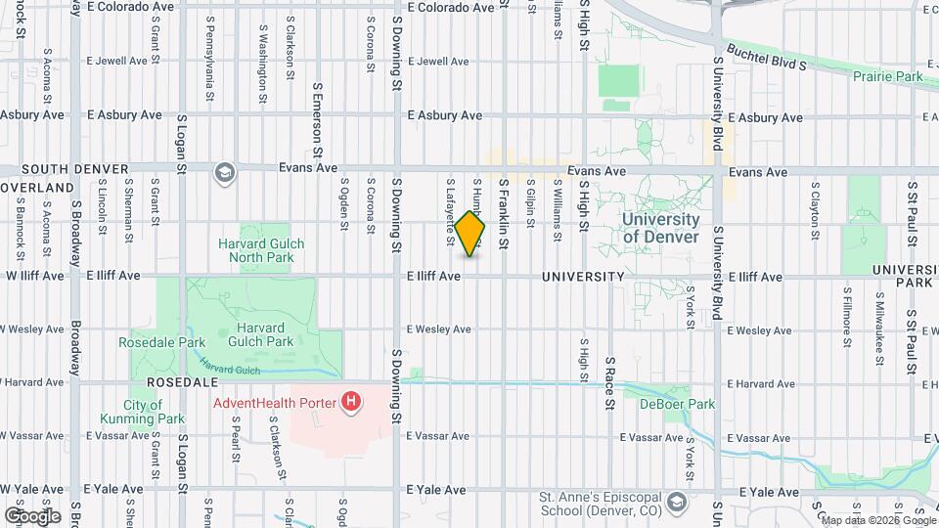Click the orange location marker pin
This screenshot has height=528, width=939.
click(470, 235)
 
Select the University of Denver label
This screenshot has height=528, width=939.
click(661, 229)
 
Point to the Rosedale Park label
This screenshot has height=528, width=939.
click(161, 343)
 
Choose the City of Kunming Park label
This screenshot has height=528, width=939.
click(142, 412)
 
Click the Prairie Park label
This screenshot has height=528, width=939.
click(887, 76)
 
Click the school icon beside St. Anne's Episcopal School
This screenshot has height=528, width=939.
click(676, 504)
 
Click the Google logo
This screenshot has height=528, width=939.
click(32, 515)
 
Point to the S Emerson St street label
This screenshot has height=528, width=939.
click(317, 120)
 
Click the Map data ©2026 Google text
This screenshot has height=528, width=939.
click(878, 520)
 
